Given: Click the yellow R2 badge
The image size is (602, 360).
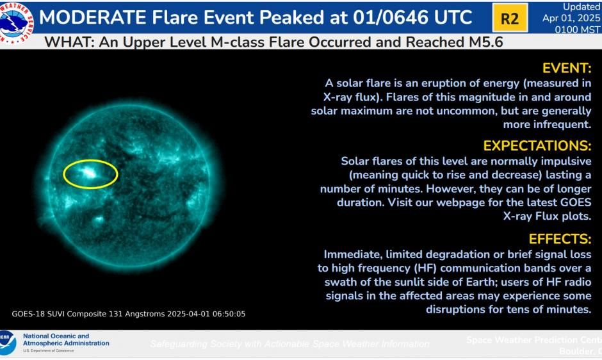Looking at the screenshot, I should (x=509, y=18).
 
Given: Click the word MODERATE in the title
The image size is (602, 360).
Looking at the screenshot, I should (x=92, y=17).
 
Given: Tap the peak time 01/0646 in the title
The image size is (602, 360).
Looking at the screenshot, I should (x=389, y=17).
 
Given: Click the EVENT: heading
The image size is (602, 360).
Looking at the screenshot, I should (x=567, y=69).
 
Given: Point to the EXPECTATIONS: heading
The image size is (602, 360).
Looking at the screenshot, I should (x=537, y=145).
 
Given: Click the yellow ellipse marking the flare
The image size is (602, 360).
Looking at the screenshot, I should (x=90, y=174).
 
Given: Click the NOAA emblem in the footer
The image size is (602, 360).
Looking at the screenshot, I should (x=6, y=343).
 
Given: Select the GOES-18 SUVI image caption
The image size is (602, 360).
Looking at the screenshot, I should (x=129, y=314).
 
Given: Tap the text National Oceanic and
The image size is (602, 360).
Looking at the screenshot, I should (x=56, y=336).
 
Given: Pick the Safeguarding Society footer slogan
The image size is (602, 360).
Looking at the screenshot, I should (x=289, y=344).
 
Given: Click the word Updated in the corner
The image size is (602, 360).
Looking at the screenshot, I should (x=582, y=6).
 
